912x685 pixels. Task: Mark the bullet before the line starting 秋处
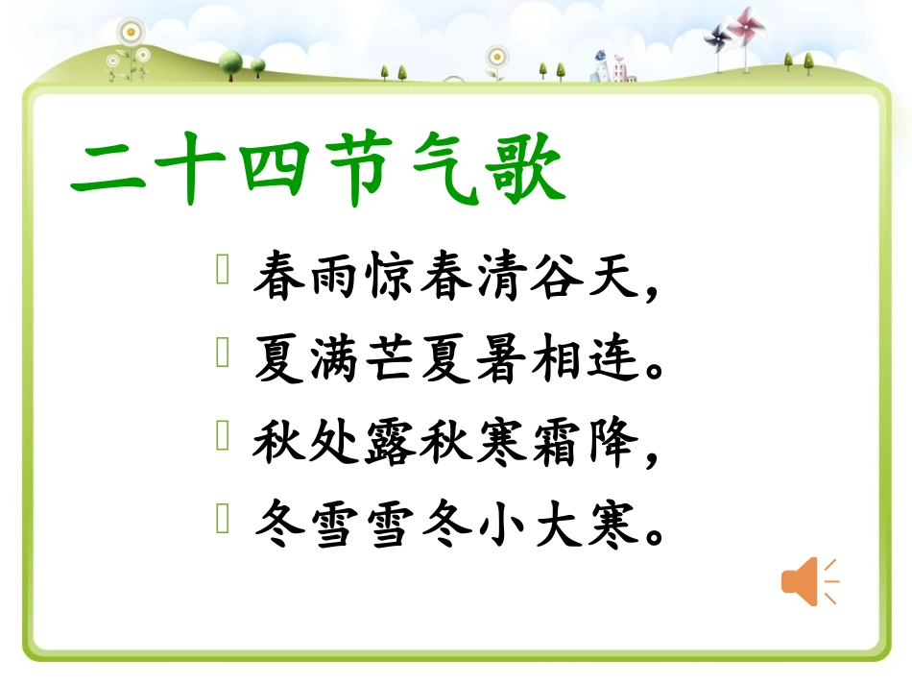click(x=223, y=438)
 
